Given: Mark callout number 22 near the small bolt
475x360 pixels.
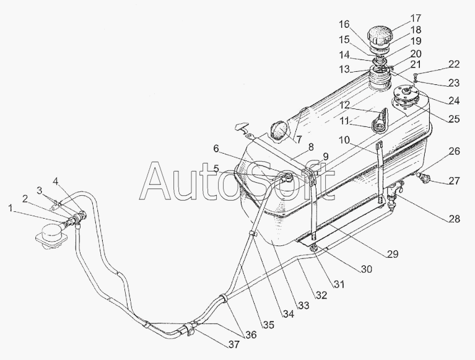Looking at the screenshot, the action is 454,64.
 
